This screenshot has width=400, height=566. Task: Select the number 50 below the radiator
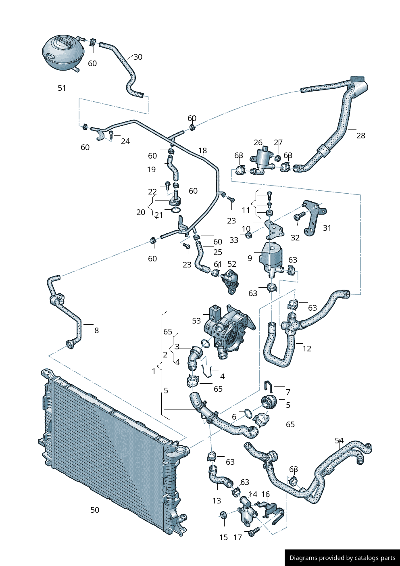pyautogui.click(x=95, y=510)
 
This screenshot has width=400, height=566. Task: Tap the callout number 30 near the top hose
pyautogui.click(x=138, y=57)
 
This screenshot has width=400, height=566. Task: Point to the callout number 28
pyautogui.click(x=361, y=136)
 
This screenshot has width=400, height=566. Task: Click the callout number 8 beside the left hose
pyautogui.click(x=96, y=330)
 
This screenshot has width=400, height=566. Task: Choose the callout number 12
pyautogui.click(x=307, y=349)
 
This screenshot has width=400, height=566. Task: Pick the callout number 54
pyautogui.click(x=339, y=441)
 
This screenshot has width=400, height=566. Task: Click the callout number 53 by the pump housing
pyautogui.click(x=196, y=321)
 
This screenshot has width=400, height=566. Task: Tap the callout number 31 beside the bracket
pyautogui.click(x=327, y=228)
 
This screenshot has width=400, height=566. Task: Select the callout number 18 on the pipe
pyautogui.click(x=202, y=150)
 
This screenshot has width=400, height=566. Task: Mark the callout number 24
pyautogui.click(x=125, y=141)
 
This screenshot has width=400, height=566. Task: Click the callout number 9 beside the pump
pyautogui.click(x=250, y=258)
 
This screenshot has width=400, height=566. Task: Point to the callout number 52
pyautogui.click(x=232, y=264)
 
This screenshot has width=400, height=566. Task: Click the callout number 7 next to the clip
pyautogui.click(x=288, y=392)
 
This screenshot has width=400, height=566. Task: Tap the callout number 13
pyautogui.click(x=217, y=501)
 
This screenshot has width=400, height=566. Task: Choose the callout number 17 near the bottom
pyautogui.click(x=237, y=537)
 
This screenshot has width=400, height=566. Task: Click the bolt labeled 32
pyautogui.click(x=300, y=217)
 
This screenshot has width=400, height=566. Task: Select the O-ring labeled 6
pyautogui.click(x=248, y=413)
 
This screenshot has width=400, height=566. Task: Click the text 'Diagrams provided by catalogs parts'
pyautogui.click(x=342, y=558)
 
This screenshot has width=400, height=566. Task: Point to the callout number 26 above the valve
pyautogui.click(x=258, y=142)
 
